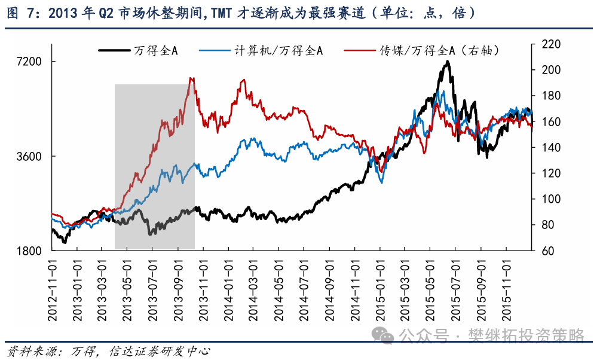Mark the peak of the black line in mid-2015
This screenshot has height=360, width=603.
click(x=446, y=61)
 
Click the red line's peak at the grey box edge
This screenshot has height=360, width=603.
click(x=191, y=78)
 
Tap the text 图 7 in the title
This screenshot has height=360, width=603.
click(x=20, y=13)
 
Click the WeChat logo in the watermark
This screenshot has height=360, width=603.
click(x=383, y=335)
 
